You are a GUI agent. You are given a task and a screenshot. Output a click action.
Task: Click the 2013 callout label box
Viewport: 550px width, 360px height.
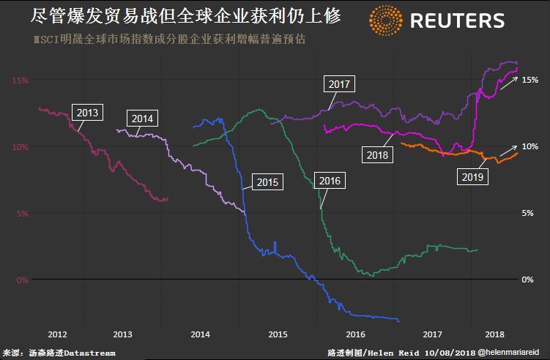(88, 113)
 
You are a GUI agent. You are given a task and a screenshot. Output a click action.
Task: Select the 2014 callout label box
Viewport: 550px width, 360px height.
(141, 118)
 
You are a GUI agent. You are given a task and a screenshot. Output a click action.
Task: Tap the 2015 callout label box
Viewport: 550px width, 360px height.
(267, 181)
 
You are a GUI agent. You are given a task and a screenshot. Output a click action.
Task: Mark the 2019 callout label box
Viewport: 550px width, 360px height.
(472, 176)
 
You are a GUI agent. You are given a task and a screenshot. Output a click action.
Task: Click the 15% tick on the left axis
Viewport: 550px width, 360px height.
(20, 80)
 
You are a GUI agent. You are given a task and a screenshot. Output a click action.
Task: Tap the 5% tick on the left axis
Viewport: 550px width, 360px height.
(22, 213)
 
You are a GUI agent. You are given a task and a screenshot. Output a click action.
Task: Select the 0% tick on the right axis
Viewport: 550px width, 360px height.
(527, 280)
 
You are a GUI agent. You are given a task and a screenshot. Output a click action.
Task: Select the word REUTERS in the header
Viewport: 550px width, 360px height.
(457, 20)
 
